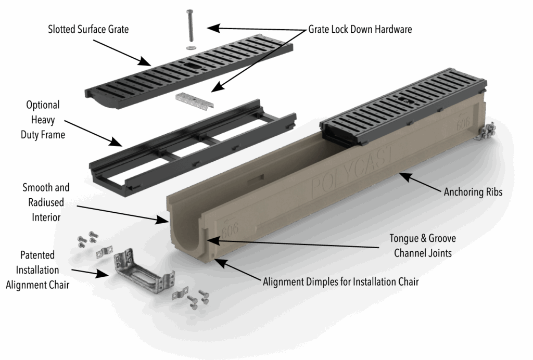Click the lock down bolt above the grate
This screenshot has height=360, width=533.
[x=191, y=26]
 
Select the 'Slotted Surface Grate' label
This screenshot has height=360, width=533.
[x=88, y=30]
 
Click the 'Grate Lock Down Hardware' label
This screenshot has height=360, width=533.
[x=360, y=30]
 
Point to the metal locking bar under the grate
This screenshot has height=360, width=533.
[x=194, y=98]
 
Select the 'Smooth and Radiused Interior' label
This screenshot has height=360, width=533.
[x=46, y=202]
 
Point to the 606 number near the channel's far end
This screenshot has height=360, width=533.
[x=463, y=125]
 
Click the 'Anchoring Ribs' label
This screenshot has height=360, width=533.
[x=473, y=192]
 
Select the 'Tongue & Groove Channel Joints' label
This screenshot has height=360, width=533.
[x=423, y=246]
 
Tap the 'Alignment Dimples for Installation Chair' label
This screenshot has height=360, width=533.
[x=340, y=282]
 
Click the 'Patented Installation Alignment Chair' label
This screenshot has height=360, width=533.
[x=37, y=271]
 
